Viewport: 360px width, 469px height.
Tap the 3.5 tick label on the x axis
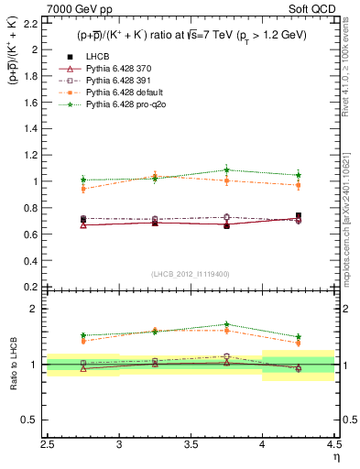pyautogui.click(x=191, y=442)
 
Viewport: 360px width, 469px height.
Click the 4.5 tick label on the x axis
pyautogui.click(x=333, y=442)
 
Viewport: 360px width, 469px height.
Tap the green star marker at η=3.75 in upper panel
pyautogui.click(x=227, y=169)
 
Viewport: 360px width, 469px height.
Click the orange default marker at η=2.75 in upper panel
pyautogui.click(x=83, y=189)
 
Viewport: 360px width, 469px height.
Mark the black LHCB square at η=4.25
pyautogui.click(x=299, y=216)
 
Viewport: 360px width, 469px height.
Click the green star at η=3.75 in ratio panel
pyautogui.click(x=227, y=324)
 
